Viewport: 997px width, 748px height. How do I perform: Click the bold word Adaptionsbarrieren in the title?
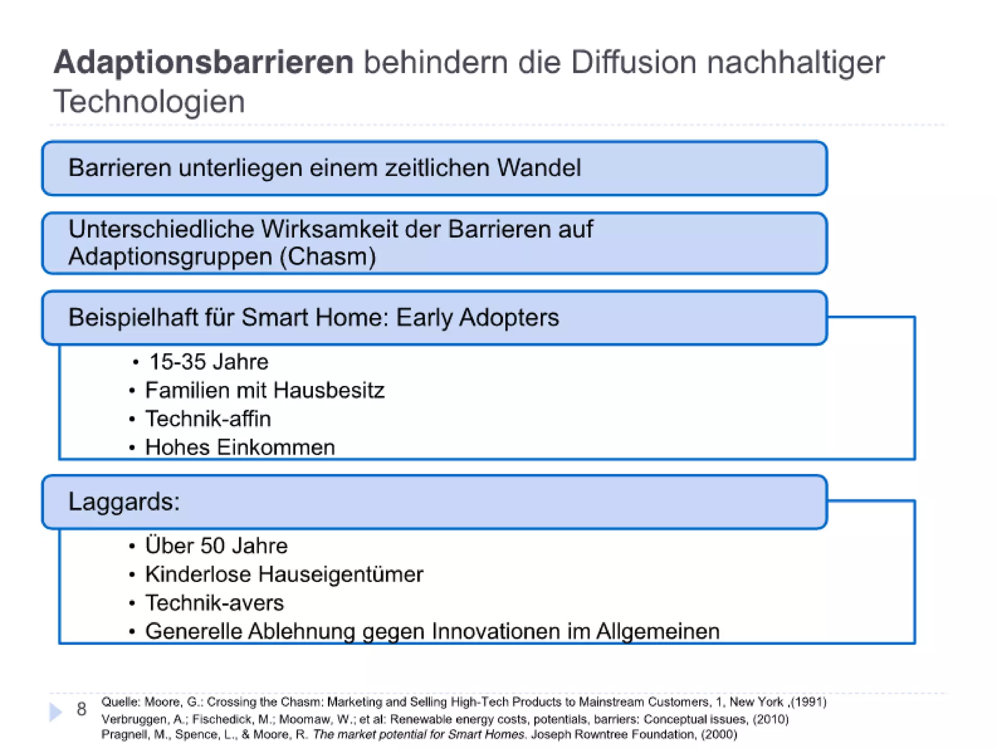(203, 63)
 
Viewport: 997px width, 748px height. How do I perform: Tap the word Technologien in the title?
(149, 102)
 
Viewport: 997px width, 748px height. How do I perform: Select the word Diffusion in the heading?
(633, 63)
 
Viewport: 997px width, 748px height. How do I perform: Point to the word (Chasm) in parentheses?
(328, 257)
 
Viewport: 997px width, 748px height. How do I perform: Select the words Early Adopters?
(477, 318)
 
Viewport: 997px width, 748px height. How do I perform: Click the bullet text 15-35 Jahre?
(208, 362)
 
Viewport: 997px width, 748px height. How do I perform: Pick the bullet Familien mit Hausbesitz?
(264, 391)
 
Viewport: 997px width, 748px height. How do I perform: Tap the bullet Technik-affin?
(208, 419)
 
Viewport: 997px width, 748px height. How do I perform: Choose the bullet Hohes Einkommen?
(240, 448)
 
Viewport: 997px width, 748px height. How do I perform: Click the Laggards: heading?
(124, 502)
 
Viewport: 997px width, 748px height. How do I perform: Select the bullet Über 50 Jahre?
(216, 546)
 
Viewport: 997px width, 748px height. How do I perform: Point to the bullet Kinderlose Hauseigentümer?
(284, 575)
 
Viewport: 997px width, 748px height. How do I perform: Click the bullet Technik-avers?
(214, 603)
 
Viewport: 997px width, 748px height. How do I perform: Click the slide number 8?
(81, 710)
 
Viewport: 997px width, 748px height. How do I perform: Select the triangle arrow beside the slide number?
(56, 712)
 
